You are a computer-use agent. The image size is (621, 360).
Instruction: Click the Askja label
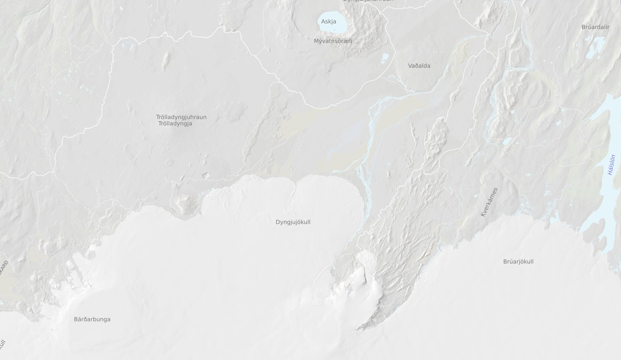(329, 21)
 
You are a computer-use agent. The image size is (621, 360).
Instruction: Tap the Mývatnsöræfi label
(333, 41)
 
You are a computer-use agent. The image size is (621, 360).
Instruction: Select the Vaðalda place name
(419, 66)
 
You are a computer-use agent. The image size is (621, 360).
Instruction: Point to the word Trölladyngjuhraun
(181, 117)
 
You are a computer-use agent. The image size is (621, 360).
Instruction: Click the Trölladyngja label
(175, 124)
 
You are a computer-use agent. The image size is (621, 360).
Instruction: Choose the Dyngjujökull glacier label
(293, 222)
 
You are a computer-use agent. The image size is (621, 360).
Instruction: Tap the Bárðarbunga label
(92, 319)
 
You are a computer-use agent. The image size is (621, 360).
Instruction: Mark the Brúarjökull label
(518, 261)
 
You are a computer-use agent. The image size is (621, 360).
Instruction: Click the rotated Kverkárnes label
(489, 202)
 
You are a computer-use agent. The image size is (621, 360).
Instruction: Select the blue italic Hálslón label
(612, 165)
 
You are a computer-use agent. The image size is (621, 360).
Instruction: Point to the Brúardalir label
(595, 27)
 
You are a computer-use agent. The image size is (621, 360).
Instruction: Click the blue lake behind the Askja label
(338, 27)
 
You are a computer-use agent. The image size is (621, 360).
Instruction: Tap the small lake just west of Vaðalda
(384, 59)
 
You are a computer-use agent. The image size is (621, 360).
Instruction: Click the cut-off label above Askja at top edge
(368, 1)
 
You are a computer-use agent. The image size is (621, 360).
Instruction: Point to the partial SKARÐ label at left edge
(4, 268)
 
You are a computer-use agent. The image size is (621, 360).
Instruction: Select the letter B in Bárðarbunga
(76, 319)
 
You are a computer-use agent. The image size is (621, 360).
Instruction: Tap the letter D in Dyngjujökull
(278, 222)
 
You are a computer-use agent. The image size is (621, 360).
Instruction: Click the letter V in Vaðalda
(410, 66)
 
